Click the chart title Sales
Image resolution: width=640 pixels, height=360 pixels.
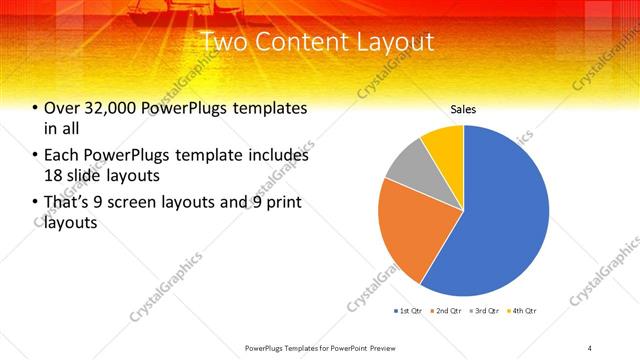[463, 109]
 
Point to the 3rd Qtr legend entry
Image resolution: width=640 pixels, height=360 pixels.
[484, 312]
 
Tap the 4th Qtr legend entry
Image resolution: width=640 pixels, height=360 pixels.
[522, 312]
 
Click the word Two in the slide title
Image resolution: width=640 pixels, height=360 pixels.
[221, 43]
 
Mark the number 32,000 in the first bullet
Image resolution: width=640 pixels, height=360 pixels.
[107, 108]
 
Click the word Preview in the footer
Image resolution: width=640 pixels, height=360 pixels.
[380, 347]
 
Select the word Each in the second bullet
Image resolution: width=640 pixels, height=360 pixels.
[63, 155]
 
